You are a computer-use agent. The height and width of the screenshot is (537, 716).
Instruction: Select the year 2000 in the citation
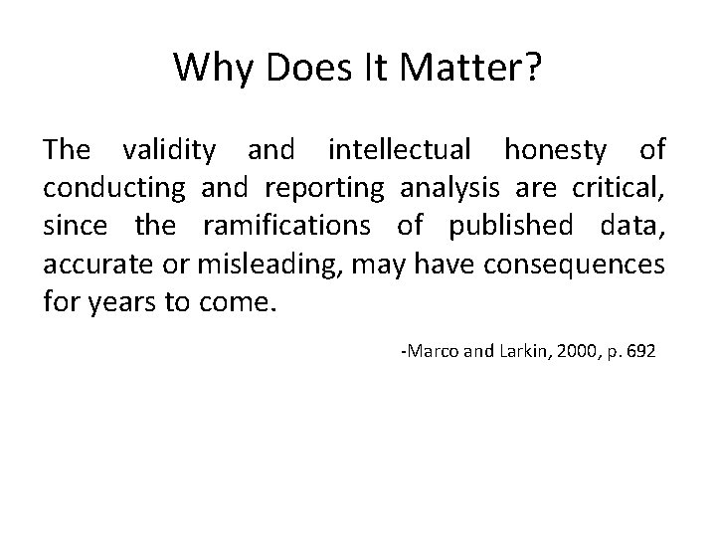tap(581, 353)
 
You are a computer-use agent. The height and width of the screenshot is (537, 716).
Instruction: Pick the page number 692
tap(640, 353)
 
